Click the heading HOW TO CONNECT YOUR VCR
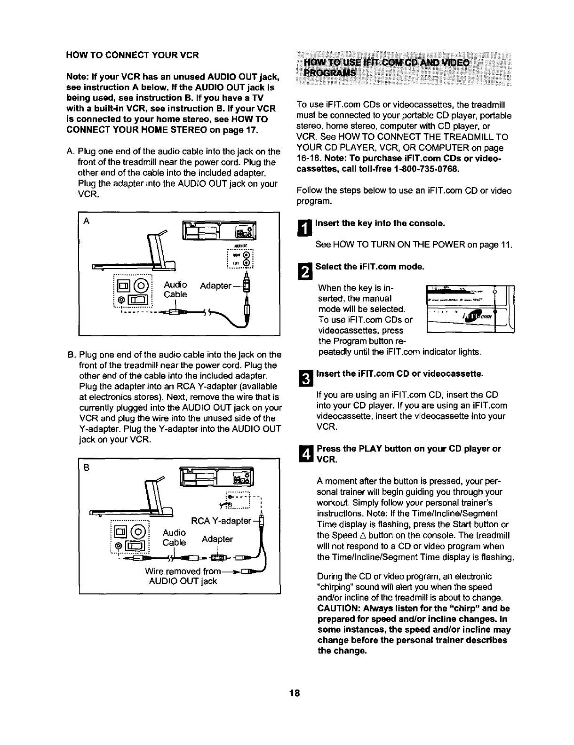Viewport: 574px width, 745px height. [x=132, y=55]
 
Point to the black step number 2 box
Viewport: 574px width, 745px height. [x=305, y=272]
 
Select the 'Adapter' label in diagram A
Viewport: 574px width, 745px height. [x=215, y=285]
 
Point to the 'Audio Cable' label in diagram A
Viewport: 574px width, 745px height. [x=175, y=289]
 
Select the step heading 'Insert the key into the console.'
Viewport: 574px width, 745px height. [x=380, y=223]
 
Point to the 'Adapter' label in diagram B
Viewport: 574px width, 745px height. [x=217, y=539]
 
